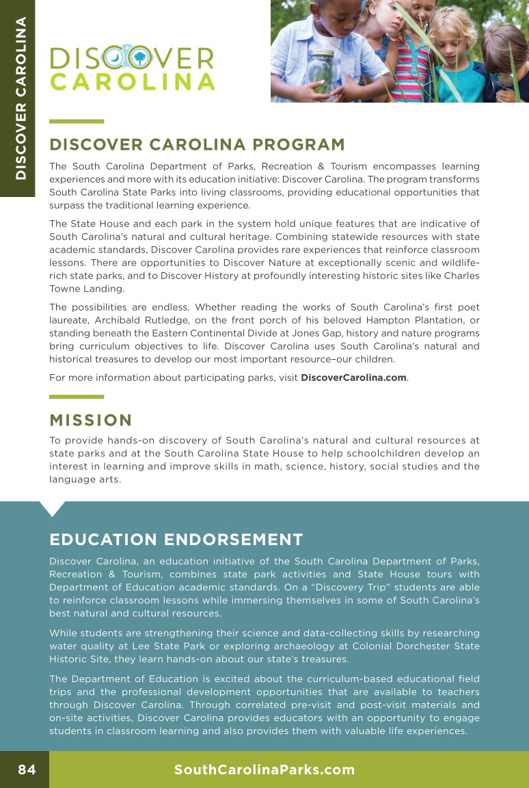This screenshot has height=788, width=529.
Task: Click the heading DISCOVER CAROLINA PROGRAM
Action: coord(197,145)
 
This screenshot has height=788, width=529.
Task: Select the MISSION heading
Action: coord(90,420)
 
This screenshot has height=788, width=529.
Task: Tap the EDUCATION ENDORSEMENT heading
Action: coord(176,540)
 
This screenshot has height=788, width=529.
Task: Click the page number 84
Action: coord(27,770)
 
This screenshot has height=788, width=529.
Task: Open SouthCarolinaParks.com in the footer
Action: coord(264,770)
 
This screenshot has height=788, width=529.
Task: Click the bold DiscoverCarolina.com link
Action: coord(353,378)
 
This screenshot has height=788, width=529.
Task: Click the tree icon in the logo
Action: coord(140,58)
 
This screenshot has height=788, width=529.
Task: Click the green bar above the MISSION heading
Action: coord(77,396)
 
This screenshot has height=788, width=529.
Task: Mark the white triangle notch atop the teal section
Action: coord(53,508)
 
